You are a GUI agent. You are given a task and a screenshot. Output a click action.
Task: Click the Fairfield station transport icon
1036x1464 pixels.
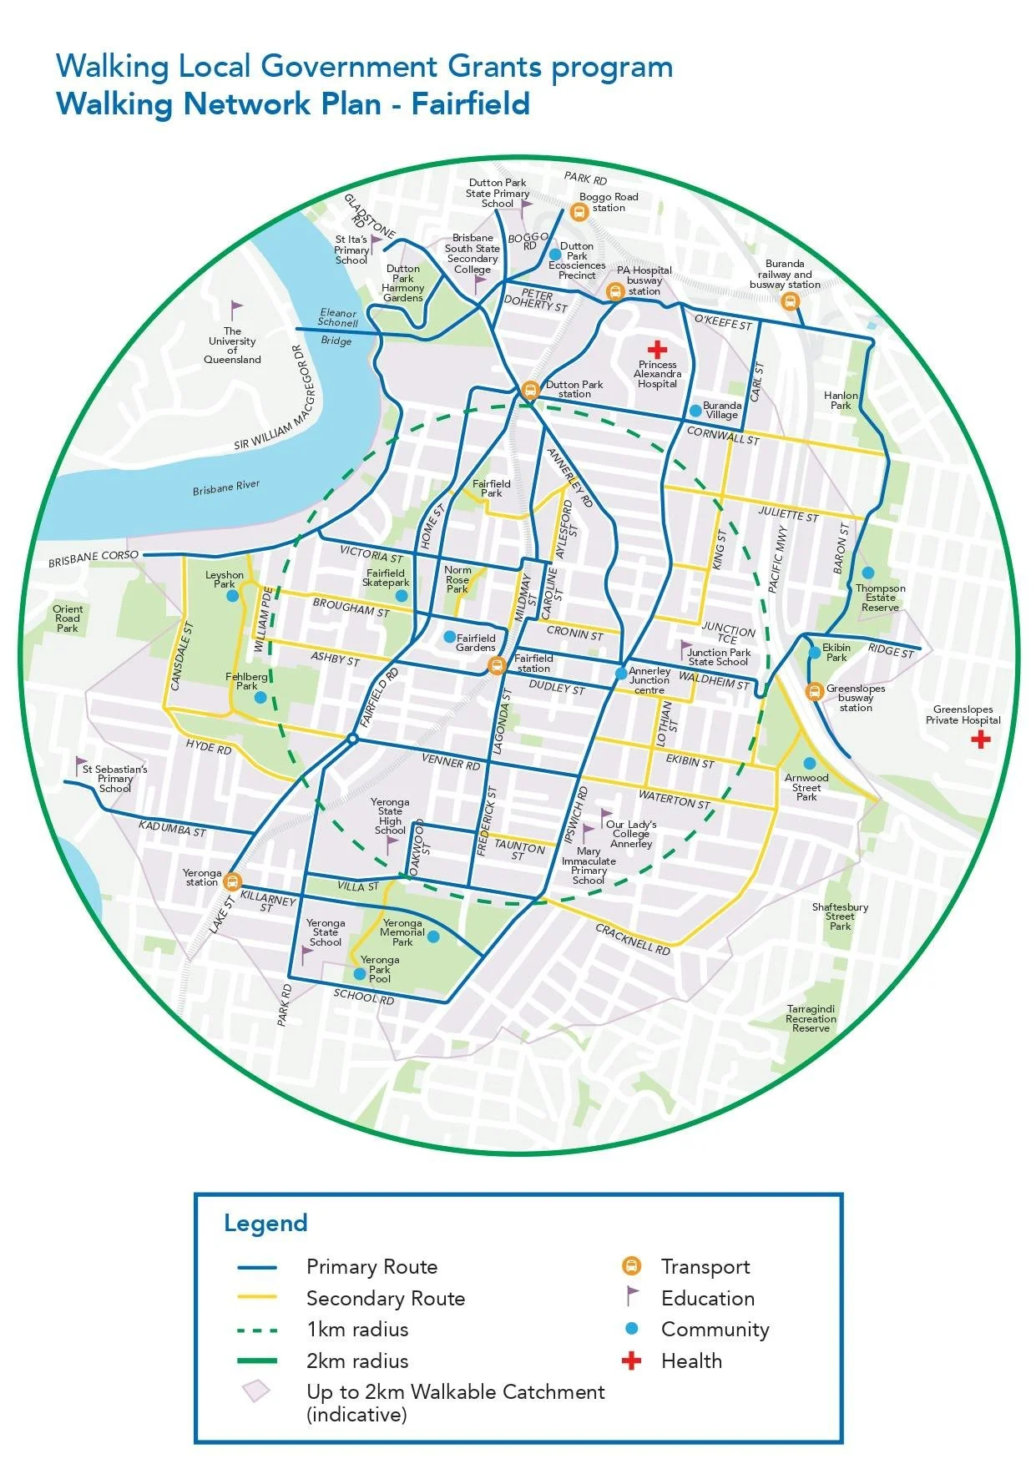497,665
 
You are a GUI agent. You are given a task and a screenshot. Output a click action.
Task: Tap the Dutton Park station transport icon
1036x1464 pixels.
530,391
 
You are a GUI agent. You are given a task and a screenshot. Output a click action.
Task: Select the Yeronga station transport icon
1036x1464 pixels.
233,881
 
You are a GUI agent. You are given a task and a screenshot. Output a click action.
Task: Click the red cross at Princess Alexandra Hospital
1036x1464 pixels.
658,349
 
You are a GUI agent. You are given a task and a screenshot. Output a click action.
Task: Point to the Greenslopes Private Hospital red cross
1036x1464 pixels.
981,739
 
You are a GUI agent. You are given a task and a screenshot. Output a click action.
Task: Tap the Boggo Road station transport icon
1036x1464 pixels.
579,212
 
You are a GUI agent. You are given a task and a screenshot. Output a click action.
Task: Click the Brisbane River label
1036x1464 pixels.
225,487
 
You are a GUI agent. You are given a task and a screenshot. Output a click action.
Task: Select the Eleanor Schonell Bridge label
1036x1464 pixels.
337,326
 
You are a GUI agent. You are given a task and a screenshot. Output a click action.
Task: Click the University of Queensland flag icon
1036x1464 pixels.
236,310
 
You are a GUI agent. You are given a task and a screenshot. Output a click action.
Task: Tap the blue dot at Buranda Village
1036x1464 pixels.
695,411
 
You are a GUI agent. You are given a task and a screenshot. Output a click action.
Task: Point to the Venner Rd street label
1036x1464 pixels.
451,761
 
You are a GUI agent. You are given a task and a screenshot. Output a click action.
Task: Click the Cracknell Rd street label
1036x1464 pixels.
633,939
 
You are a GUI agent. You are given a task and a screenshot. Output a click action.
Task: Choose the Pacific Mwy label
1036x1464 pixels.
777,560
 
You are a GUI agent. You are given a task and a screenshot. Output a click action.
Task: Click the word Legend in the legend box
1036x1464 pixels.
265,1224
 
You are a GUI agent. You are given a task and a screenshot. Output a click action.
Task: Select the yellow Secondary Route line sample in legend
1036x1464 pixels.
257,1298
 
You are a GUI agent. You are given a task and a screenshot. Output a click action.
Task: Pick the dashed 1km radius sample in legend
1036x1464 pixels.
257,1330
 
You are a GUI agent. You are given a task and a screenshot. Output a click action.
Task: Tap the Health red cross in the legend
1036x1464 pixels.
632,1361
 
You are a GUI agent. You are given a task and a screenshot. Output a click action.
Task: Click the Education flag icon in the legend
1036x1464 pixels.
632,1297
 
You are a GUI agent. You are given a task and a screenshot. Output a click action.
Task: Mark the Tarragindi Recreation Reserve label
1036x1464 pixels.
811,1018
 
